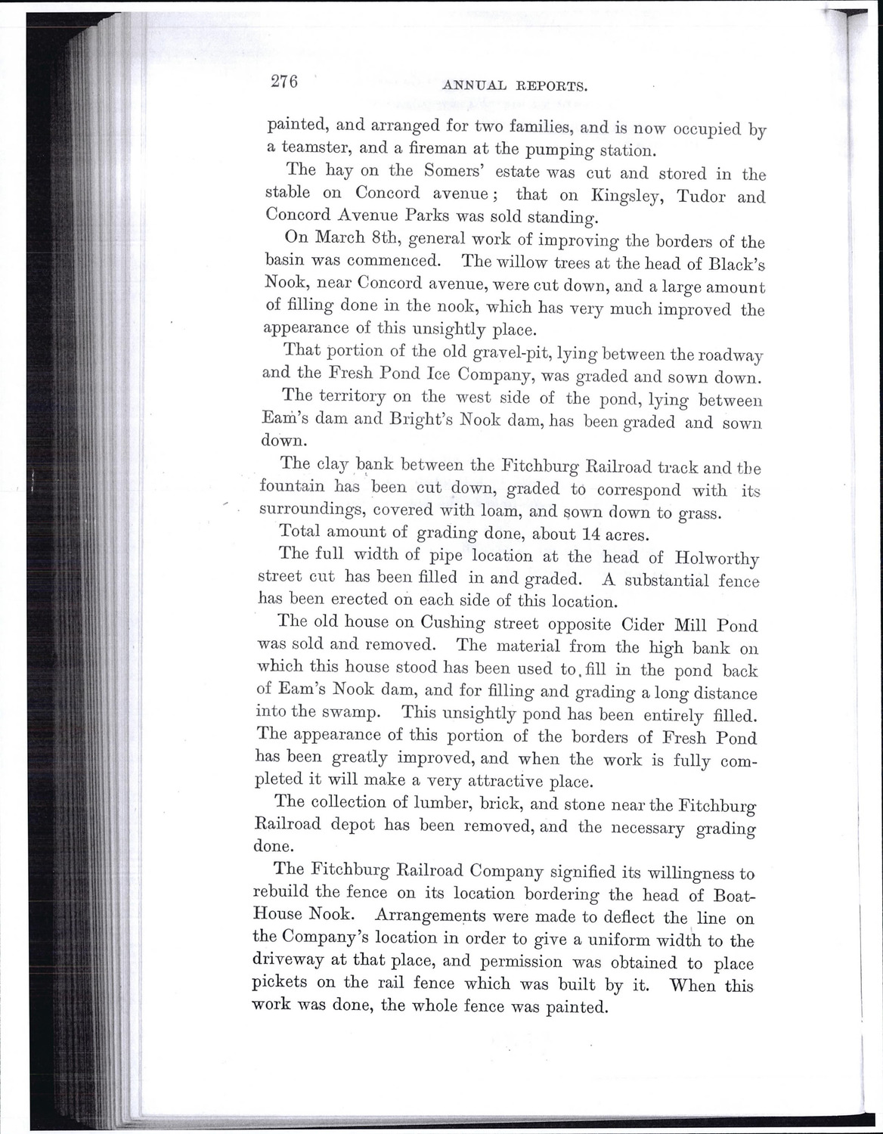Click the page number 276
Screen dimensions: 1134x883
point(285,82)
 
